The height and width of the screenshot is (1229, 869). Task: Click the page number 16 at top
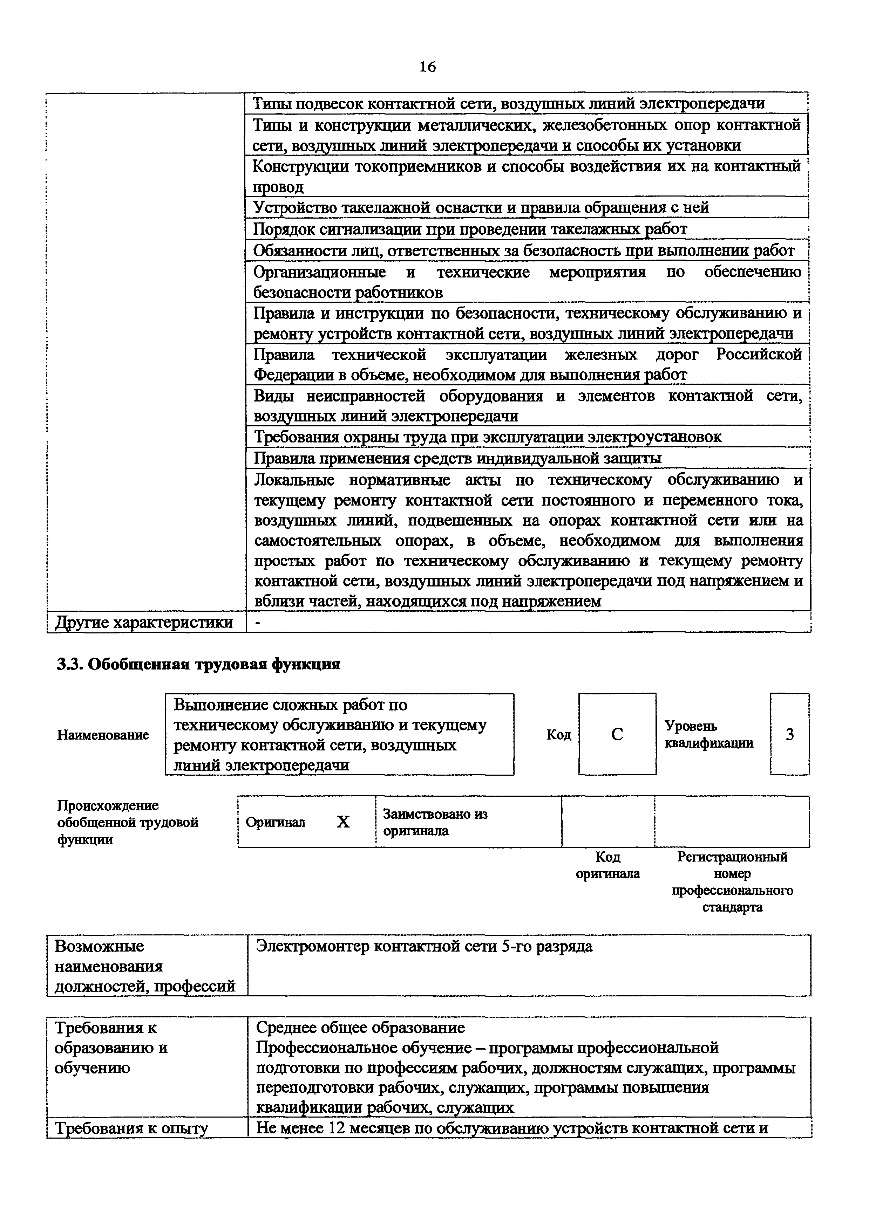pos(427,67)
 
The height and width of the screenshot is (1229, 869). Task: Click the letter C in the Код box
pos(617,734)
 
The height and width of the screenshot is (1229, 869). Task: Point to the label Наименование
pos(103,735)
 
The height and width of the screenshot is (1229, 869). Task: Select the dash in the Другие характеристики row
pos(259,622)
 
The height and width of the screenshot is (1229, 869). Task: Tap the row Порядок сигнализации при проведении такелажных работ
pos(470,229)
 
